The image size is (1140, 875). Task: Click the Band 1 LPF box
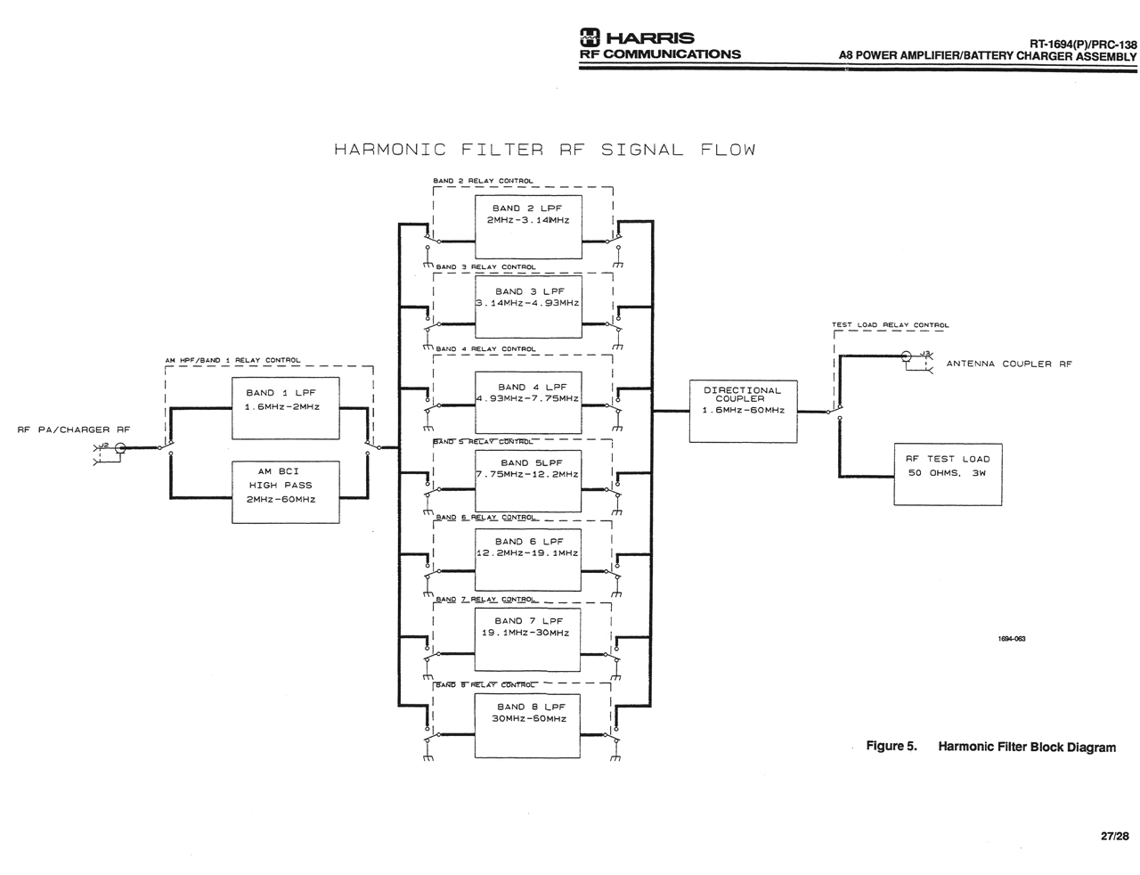pyautogui.click(x=285, y=408)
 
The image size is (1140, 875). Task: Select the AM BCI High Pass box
pyautogui.click(x=285, y=491)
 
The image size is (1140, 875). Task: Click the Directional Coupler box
pyautogui.click(x=743, y=411)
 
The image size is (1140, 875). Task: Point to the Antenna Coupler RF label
pyautogui.click(x=1008, y=364)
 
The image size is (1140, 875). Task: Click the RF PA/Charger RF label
pyautogui.click(x=73, y=429)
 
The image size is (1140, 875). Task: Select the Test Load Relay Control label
pyautogui.click(x=890, y=325)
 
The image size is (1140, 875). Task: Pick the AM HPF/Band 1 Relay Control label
pyautogui.click(x=232, y=360)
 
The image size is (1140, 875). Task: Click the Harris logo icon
pyautogui.click(x=590, y=37)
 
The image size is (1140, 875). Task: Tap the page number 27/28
pyautogui.click(x=1114, y=836)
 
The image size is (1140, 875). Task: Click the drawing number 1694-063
pyautogui.click(x=1012, y=639)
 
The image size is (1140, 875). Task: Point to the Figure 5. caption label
pyautogui.click(x=891, y=747)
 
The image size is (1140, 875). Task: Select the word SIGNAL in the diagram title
pyautogui.click(x=641, y=150)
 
